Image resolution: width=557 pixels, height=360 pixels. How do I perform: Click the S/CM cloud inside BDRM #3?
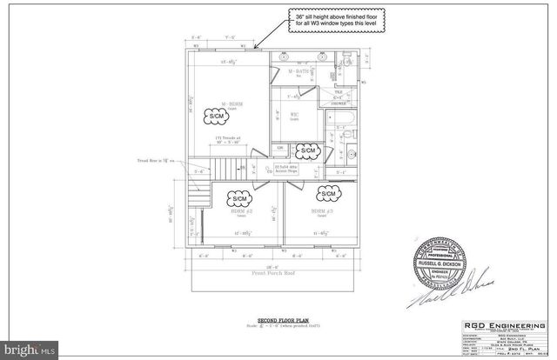click(x=329, y=191)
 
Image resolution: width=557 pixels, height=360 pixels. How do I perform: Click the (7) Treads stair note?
click(x=225, y=139)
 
